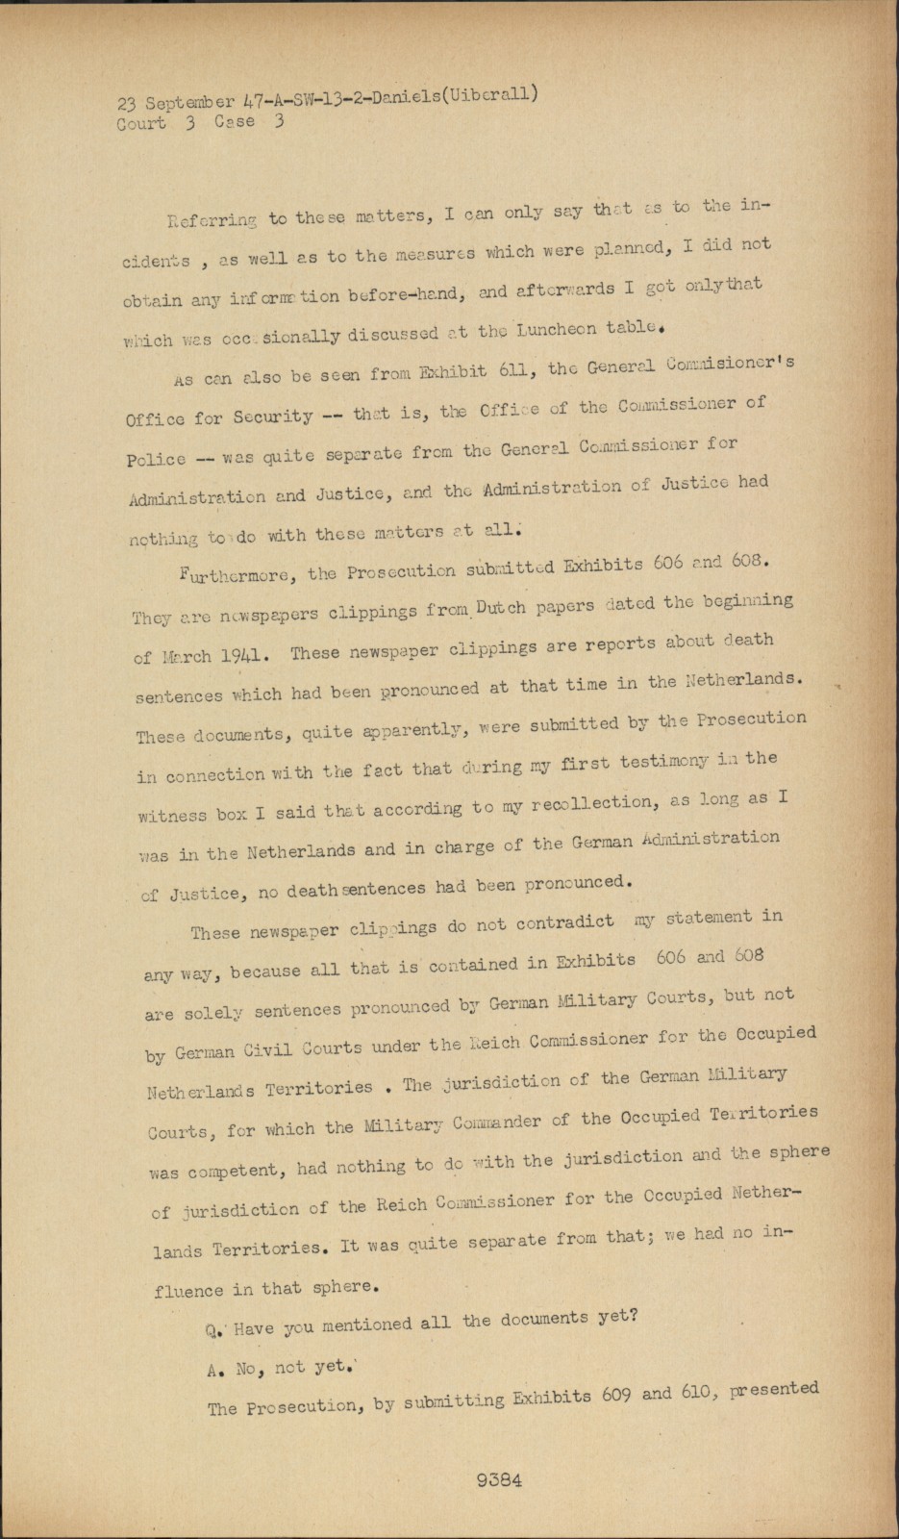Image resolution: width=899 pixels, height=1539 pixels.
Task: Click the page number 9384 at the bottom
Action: [498, 1480]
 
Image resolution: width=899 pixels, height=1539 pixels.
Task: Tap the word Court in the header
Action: [140, 124]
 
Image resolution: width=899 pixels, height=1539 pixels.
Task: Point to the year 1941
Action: [225, 655]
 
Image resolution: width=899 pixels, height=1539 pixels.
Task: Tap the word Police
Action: [157, 459]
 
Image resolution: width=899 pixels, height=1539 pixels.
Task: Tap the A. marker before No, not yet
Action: [215, 1373]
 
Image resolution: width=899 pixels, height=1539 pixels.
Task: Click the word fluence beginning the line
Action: [187, 1291]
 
